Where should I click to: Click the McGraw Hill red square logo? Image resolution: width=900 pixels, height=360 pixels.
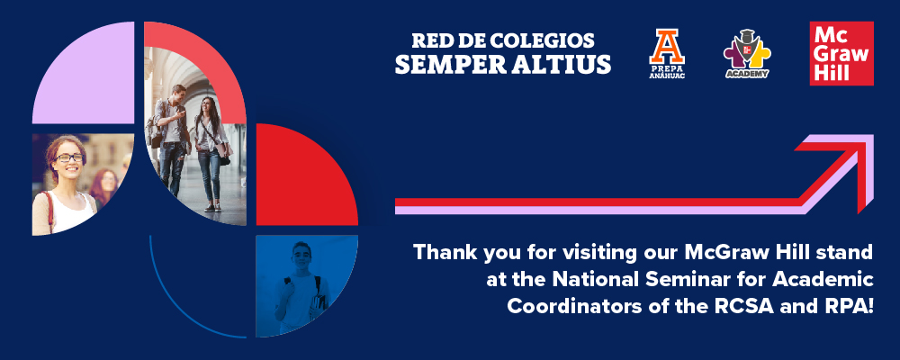(841, 53)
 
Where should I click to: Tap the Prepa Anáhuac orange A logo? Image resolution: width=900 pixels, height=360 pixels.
(667, 54)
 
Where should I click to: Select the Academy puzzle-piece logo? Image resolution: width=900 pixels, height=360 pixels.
(747, 54)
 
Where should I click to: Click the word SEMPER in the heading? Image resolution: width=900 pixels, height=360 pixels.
(442, 64)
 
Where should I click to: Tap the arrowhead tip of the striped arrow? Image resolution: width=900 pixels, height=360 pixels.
(872, 136)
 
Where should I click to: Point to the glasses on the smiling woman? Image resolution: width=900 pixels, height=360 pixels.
(69, 157)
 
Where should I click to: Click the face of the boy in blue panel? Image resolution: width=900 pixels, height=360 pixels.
(301, 257)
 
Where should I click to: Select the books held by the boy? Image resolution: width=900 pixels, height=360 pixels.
(319, 302)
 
